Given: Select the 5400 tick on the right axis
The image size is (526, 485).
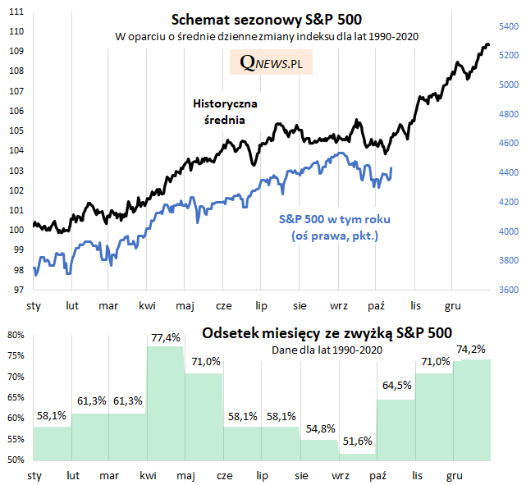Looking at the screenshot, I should (x=509, y=26).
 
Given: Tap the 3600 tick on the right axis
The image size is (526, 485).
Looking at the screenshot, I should (x=509, y=291).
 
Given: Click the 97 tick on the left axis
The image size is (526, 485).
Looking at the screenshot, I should (x=16, y=291).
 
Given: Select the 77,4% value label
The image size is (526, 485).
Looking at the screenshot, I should (x=165, y=338).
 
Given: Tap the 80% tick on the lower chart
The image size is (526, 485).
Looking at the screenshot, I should (x=16, y=336).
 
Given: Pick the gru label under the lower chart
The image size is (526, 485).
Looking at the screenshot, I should (x=453, y=475).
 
